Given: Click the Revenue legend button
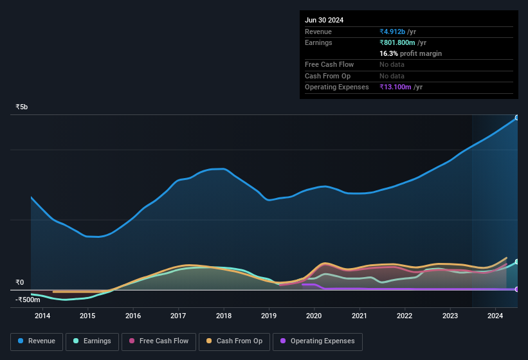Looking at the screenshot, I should click(37, 341).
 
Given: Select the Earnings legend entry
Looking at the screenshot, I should click(93, 341).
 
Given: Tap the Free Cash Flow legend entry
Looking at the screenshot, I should click(159, 341).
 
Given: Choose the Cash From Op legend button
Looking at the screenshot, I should click(233, 341).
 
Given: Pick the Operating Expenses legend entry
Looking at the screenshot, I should click(317, 341).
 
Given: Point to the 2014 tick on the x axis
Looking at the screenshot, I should click(42, 316).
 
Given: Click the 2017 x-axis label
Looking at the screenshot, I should click(178, 316).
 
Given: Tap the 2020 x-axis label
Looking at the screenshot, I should click(314, 316).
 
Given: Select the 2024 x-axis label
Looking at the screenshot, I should click(495, 316).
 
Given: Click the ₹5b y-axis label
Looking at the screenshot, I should click(22, 107).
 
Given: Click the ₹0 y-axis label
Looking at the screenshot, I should click(19, 282).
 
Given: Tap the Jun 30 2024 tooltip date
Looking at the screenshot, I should click(324, 20).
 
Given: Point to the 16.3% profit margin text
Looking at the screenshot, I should click(410, 53).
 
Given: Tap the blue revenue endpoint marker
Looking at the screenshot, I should click(517, 118).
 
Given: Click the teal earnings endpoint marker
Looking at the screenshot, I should click(517, 262).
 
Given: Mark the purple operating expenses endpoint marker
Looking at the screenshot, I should click(517, 289).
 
